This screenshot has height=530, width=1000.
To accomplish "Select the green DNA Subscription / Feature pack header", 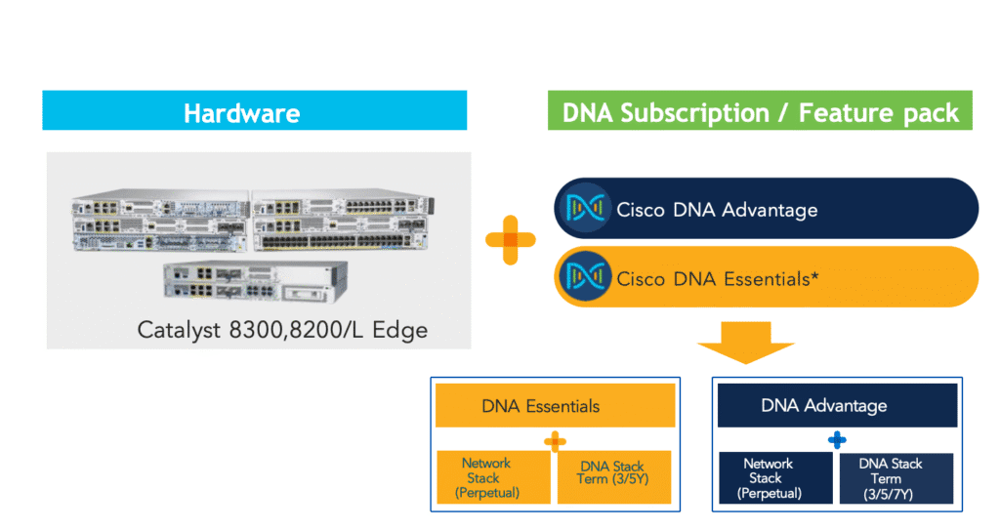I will [761, 111].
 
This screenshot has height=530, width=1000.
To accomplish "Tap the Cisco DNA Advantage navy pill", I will [767, 208].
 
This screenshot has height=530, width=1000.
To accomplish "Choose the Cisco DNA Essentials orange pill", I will [767, 278].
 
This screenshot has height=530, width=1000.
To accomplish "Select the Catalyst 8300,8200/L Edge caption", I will [282, 330].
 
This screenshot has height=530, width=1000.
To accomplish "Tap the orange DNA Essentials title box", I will [555, 405].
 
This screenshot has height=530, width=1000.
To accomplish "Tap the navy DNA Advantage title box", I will [837, 405].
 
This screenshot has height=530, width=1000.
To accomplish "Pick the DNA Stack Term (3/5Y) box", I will [614, 477].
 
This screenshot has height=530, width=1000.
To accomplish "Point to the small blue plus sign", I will [837, 440].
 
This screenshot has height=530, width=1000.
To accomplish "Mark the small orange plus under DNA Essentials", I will [555, 441].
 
